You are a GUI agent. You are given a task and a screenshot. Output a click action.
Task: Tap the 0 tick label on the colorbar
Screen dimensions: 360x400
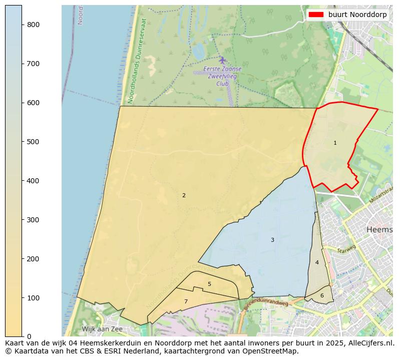pos(29,336)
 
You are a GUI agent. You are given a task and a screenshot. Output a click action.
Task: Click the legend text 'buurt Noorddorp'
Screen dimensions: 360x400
pos(357,15)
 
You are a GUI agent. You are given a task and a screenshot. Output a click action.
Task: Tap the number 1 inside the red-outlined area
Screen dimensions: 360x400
pos(335,143)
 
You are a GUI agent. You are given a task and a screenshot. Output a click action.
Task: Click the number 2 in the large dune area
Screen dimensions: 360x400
pos(184,196)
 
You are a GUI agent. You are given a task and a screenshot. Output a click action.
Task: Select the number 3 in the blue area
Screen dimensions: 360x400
pos(272,240)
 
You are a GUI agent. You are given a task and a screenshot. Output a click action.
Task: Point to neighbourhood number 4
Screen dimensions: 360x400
pos(317,263)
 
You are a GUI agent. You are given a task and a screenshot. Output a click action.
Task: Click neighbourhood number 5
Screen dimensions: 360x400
pos(209,284)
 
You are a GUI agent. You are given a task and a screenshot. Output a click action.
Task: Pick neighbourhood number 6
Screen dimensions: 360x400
pos(322,296)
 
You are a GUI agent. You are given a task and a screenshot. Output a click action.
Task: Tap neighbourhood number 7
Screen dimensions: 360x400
pos(186,302)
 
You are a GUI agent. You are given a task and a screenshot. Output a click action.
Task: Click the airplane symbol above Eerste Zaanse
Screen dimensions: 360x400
pos(222,61)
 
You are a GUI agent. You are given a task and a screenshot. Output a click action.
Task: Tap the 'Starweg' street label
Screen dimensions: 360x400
pos(346,249)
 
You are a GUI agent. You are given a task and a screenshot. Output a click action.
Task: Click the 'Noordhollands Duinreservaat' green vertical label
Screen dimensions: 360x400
pos(138,61)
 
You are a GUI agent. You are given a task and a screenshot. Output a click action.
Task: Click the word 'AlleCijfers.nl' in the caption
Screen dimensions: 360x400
pos(370,343)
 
